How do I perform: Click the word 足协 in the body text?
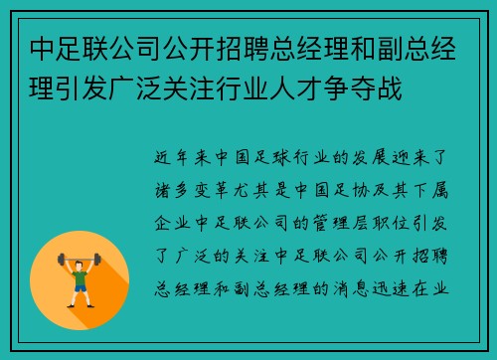[339, 185]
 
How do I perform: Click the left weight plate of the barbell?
[61, 258]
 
